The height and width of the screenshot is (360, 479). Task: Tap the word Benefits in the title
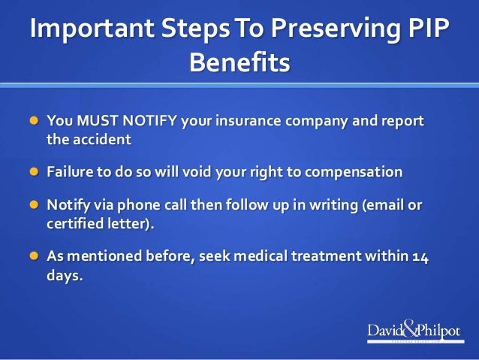tap(239, 62)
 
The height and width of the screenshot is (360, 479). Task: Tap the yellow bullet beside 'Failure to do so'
tap(32, 172)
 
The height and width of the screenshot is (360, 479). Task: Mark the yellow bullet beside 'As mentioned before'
tap(32, 257)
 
